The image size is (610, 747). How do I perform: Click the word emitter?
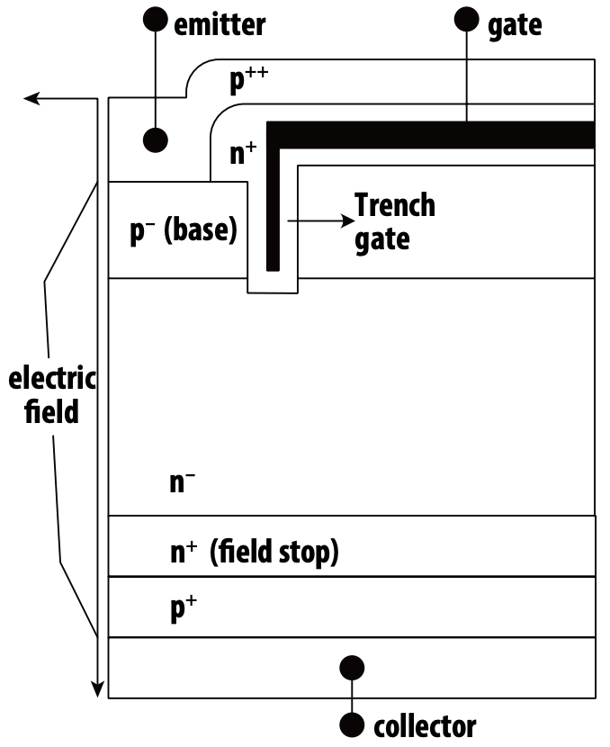[x=220, y=25]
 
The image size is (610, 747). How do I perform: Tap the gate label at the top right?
[x=515, y=26]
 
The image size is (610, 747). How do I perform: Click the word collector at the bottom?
[x=425, y=726]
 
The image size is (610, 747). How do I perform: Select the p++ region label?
[x=248, y=79]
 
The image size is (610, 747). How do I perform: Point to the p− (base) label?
[x=184, y=230]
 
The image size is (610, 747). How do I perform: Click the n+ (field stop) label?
[x=255, y=552]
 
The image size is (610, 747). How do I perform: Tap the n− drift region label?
[x=183, y=481]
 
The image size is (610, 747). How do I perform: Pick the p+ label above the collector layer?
[x=184, y=607]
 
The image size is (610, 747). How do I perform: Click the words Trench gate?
[x=395, y=222]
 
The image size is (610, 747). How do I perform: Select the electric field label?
[x=52, y=395]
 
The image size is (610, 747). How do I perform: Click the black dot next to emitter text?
[x=156, y=19]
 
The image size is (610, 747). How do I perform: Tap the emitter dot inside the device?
[x=156, y=140]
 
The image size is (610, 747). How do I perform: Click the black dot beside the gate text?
[x=467, y=19]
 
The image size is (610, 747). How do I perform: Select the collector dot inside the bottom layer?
[x=352, y=668]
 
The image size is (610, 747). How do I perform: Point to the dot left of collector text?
[x=352, y=725]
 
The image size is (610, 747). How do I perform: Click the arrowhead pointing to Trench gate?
[x=348, y=220]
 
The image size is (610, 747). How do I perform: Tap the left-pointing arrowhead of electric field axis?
[x=31, y=99]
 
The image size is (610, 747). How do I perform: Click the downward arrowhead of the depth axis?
[x=98, y=689]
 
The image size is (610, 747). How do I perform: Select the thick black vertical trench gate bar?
[x=273, y=196]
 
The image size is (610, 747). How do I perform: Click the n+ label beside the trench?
[x=243, y=153]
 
